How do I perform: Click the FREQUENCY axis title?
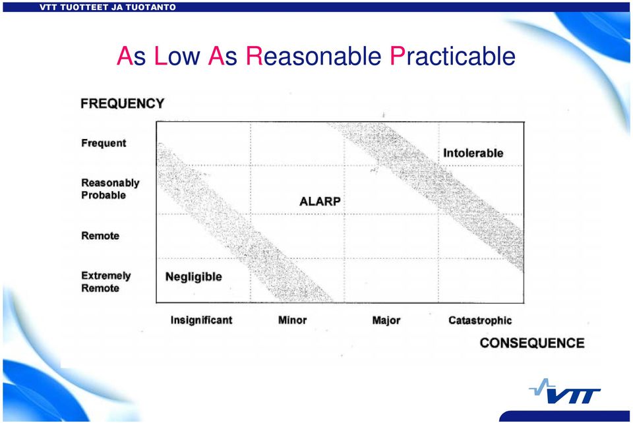click(x=123, y=103)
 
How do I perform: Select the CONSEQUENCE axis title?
click(x=532, y=343)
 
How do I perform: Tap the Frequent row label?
click(x=104, y=143)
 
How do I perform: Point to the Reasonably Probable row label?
click(x=110, y=188)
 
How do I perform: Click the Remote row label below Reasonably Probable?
click(x=100, y=235)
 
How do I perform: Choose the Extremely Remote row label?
click(x=105, y=281)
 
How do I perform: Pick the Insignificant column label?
click(x=202, y=320)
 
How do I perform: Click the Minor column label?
click(x=292, y=320)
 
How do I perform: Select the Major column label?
click(x=386, y=321)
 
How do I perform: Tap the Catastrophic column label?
click(x=480, y=321)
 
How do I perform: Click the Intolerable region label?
click(x=473, y=154)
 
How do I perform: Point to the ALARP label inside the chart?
click(x=320, y=201)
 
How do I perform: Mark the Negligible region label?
click(x=194, y=277)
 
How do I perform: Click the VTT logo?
click(x=565, y=391)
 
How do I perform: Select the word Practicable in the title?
click(x=452, y=56)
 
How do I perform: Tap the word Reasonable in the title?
click(x=314, y=56)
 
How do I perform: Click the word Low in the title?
click(x=177, y=56)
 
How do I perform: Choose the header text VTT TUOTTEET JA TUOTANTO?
click(x=107, y=7)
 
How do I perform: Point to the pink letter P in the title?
click(x=397, y=56)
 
